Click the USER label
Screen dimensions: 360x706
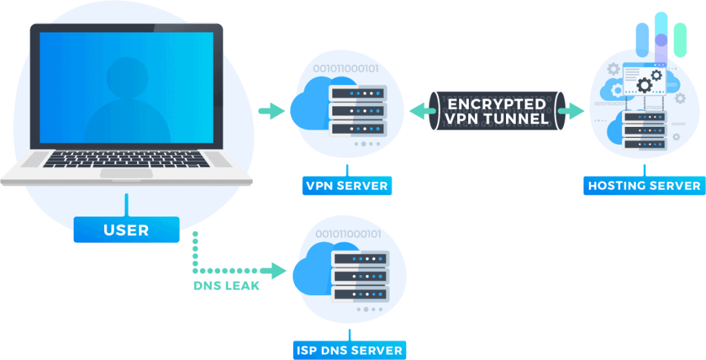(126, 230)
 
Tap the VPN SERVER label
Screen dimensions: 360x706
(347, 186)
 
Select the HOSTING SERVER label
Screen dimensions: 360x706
(644, 186)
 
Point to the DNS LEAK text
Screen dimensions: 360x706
(226, 286)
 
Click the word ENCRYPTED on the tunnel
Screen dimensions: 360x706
(496, 104)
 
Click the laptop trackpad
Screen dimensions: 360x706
(126, 173)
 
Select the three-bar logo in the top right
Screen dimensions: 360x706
(661, 34)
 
